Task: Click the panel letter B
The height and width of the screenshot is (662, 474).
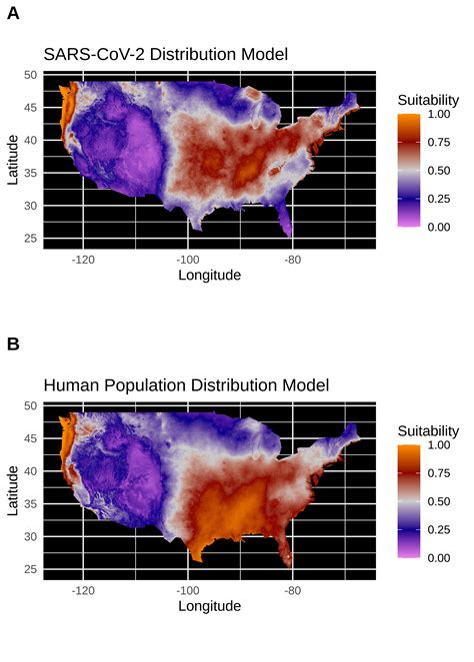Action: [x=13, y=343]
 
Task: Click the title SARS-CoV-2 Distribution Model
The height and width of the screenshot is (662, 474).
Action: [x=165, y=54]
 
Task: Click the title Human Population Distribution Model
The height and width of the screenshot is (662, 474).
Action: [x=186, y=384]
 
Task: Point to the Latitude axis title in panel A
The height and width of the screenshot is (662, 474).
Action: [x=13, y=159]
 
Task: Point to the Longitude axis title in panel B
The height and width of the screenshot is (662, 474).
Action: [x=209, y=605]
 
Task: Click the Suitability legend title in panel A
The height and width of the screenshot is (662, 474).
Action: [x=428, y=100]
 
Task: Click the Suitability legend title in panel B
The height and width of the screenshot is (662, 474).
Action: [x=428, y=430]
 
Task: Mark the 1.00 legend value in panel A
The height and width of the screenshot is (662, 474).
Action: [x=438, y=115]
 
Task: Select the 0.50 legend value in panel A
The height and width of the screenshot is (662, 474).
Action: [x=438, y=171]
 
